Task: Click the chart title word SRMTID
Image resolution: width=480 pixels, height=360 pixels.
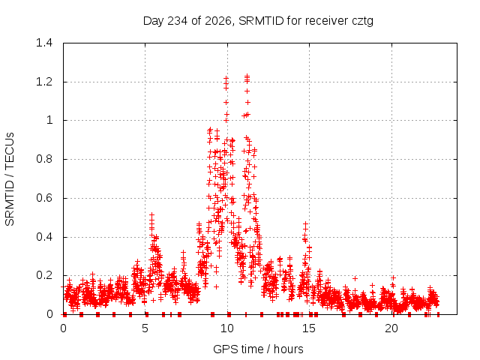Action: click(x=261, y=21)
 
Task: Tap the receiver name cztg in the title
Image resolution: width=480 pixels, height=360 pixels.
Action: click(x=362, y=22)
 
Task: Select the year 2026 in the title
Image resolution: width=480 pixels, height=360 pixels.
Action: click(x=218, y=21)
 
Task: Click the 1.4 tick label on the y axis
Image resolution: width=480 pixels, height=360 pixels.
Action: click(x=44, y=43)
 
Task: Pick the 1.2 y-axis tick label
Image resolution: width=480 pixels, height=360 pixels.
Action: click(x=44, y=82)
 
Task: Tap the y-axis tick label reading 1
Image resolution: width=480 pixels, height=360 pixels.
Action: click(x=49, y=120)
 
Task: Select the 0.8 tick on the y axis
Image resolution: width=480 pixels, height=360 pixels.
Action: click(x=44, y=159)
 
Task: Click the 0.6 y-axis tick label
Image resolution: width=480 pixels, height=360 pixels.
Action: click(x=44, y=198)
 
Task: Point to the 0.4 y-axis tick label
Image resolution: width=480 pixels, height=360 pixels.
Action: click(x=44, y=237)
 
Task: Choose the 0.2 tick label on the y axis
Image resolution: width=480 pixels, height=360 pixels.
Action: click(x=44, y=275)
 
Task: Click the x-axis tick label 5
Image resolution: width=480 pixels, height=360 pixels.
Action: click(x=145, y=328)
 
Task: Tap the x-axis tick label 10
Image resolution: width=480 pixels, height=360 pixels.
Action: click(x=227, y=328)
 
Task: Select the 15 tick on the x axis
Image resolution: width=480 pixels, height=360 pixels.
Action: click(x=309, y=328)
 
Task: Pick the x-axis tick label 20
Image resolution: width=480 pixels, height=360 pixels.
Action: click(x=391, y=328)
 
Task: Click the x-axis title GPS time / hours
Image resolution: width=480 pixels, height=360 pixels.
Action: click(x=258, y=349)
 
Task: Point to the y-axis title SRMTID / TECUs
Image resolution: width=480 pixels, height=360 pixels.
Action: click(x=10, y=179)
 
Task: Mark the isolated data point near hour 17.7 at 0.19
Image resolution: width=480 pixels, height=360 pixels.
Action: click(x=355, y=278)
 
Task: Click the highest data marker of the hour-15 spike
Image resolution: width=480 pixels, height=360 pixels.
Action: click(x=305, y=224)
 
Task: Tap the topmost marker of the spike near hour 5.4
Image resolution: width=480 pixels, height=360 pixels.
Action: click(x=151, y=215)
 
